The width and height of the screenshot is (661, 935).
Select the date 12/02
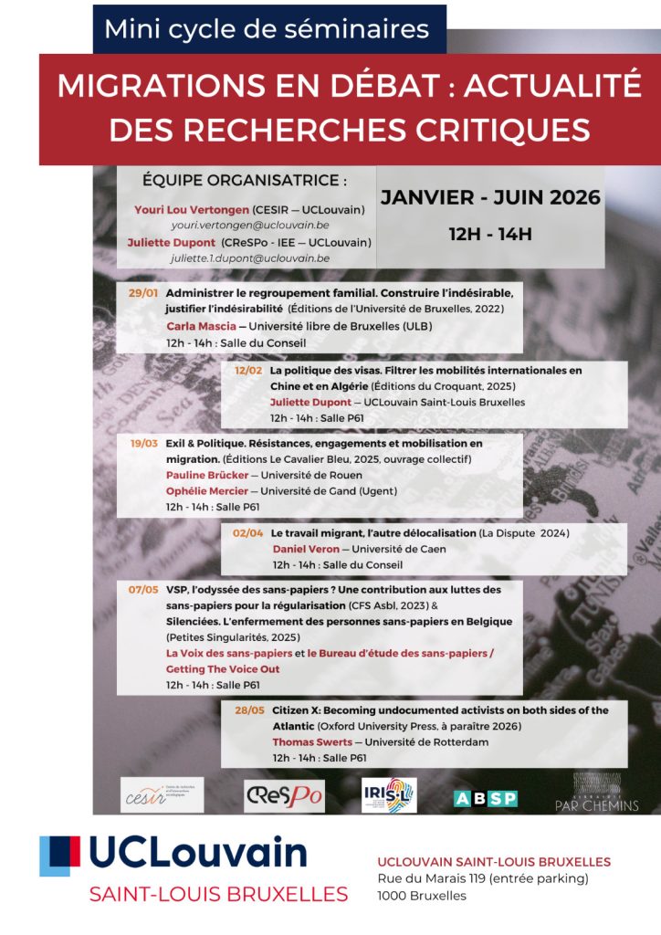click(247, 371)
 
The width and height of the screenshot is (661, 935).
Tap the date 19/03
click(143, 443)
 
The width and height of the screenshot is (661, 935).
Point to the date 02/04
click(248, 532)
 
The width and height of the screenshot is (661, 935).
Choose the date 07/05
click(143, 590)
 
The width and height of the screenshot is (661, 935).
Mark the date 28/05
click(248, 709)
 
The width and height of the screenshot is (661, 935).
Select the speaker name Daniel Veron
click(306, 549)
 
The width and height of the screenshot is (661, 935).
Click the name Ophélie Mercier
click(206, 490)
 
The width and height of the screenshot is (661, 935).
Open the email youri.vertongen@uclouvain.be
click(250, 225)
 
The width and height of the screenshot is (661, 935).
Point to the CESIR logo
click(163, 795)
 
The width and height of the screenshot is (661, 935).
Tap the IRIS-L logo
click(389, 795)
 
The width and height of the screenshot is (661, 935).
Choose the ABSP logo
click(485, 798)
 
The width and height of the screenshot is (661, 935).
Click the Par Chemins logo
click(597, 793)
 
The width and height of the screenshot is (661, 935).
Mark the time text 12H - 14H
click(489, 234)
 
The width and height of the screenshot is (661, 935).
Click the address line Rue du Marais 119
click(483, 878)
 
